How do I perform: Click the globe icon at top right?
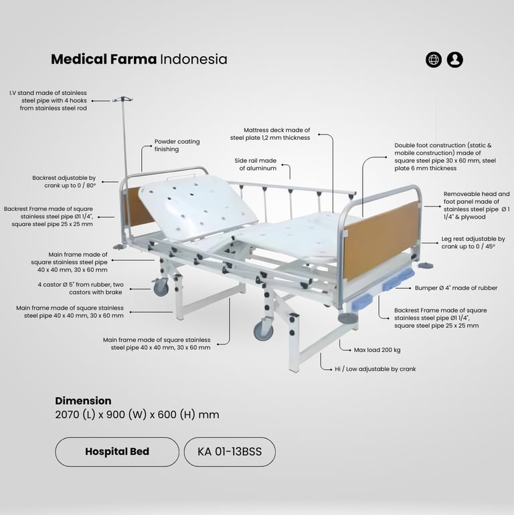pyautogui.click(x=434, y=60)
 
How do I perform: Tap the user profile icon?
pyautogui.click(x=455, y=60)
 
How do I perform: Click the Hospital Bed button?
pyautogui.click(x=117, y=451)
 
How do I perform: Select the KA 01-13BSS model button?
pyautogui.click(x=230, y=451)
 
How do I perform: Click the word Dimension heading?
pyautogui.click(x=83, y=401)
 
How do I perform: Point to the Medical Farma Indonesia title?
pyautogui.click(x=139, y=59)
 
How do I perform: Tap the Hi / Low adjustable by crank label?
pyautogui.click(x=375, y=369)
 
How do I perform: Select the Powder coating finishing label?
pyautogui.click(x=177, y=145)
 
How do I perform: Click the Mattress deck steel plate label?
pyautogui.click(x=270, y=134)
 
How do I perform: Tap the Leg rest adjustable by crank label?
pyautogui.click(x=473, y=242)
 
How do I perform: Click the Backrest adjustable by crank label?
pyautogui.click(x=64, y=181)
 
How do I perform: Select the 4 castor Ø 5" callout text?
pyautogui.click(x=85, y=288)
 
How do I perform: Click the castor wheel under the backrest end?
pyautogui.click(x=161, y=288)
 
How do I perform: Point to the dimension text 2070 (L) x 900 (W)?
pyautogui.click(x=137, y=415)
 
